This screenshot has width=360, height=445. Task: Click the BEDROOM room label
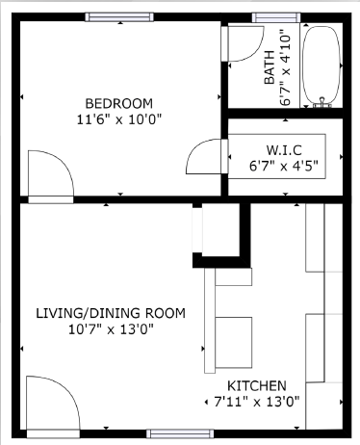118,103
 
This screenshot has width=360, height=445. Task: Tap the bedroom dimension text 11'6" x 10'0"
118,119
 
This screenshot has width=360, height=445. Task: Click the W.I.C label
284,149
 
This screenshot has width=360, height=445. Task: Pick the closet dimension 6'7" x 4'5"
284,165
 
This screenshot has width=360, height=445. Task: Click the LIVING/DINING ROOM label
111,314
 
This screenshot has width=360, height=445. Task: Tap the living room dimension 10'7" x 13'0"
111,329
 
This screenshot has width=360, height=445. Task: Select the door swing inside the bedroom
48,173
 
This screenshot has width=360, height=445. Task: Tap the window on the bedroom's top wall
118,16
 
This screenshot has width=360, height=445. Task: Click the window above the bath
275,16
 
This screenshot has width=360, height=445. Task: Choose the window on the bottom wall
179,434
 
